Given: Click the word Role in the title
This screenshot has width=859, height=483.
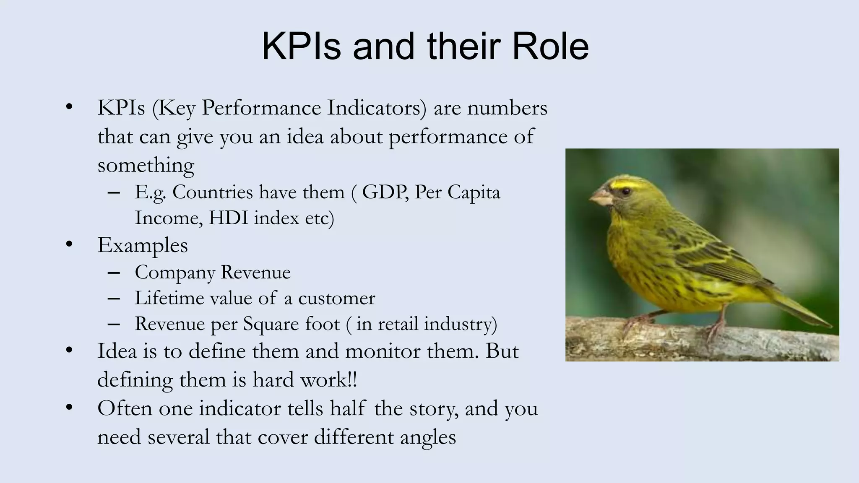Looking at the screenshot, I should click(550, 46).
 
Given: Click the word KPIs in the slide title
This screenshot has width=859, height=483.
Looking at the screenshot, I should click(301, 46).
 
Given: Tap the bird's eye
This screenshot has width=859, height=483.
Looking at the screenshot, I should click(626, 191).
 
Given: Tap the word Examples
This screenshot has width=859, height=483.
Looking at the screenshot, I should click(143, 245).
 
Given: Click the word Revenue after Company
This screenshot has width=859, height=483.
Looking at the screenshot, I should click(255, 273).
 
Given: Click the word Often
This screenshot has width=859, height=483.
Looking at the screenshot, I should click(125, 408).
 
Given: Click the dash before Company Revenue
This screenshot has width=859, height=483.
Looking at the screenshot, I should click(114, 273).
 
